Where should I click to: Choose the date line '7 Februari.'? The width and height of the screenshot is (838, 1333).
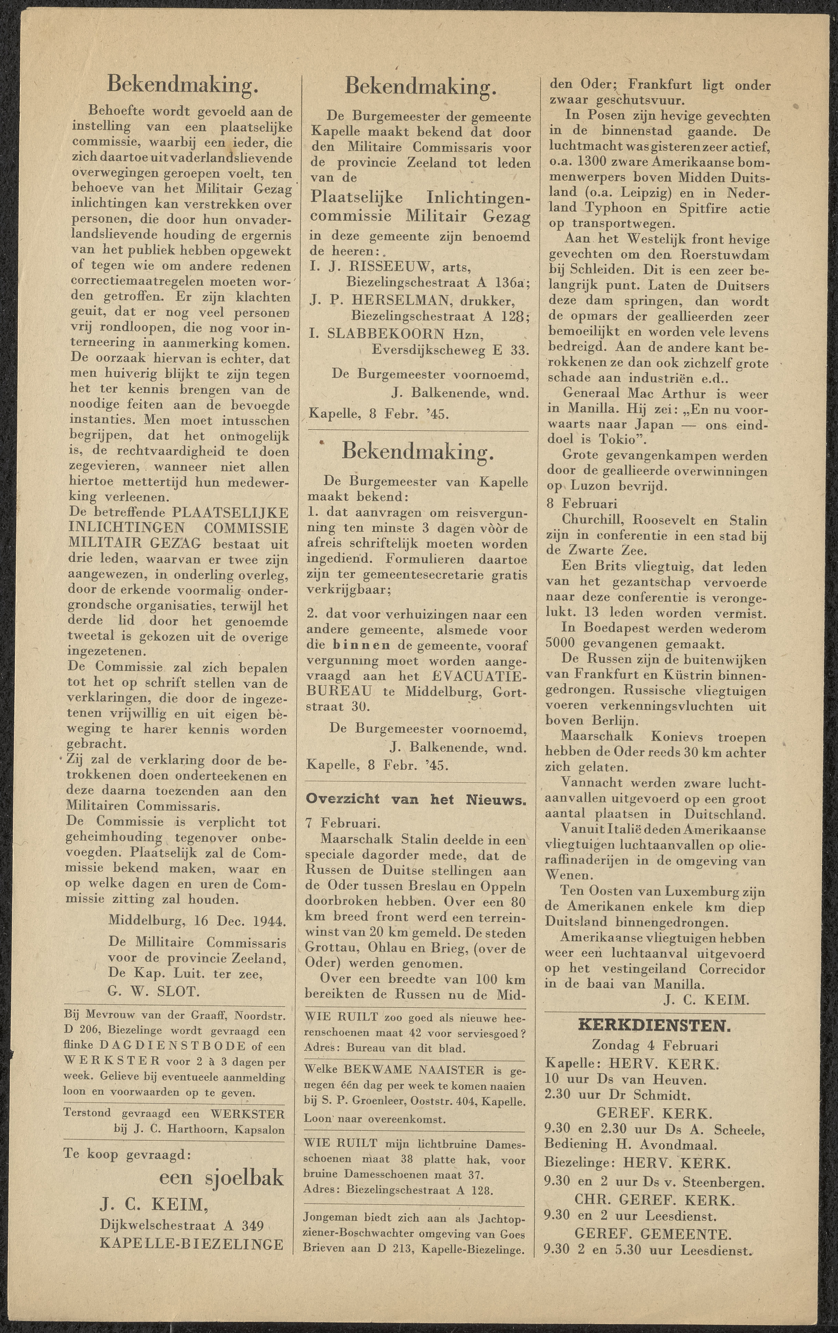343,823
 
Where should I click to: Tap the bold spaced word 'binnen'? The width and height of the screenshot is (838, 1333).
361,645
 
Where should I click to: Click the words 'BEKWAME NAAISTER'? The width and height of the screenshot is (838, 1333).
406,1070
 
